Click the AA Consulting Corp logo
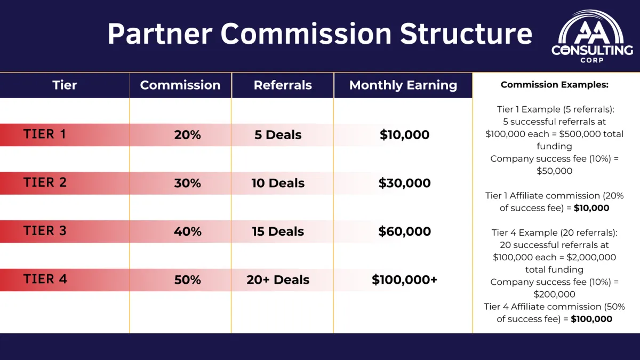point(591,37)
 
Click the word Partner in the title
point(159,34)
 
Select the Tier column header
point(65,85)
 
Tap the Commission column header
point(180,85)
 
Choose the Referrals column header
point(283,85)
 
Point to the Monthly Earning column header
point(403,85)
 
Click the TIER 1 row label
point(45,134)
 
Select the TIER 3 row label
point(45,230)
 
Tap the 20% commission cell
point(187,135)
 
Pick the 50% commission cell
point(187,279)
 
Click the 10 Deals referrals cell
point(278,183)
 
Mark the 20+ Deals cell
point(278,279)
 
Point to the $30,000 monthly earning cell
point(405,183)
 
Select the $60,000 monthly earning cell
point(405,231)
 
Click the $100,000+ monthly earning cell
point(405,279)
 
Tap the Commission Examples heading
point(555,85)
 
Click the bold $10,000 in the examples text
point(591,208)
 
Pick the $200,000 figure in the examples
point(554,294)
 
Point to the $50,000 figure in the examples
point(554,171)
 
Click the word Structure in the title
point(466,34)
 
